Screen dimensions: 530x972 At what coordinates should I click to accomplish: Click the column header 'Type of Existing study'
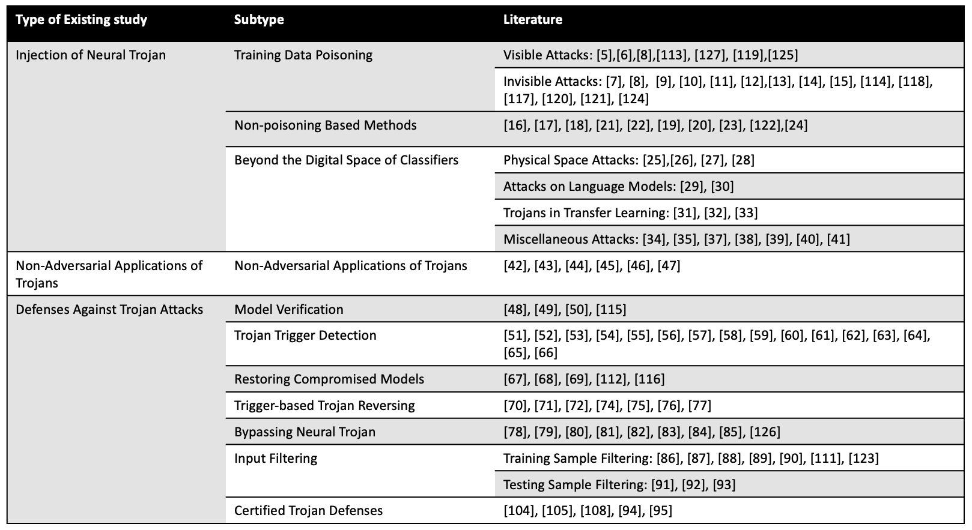click(x=81, y=20)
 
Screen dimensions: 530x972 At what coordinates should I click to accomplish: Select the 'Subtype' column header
click(x=259, y=20)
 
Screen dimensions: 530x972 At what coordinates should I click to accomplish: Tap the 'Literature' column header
click(x=532, y=20)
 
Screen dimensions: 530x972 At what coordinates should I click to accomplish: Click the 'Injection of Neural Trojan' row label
click(x=91, y=55)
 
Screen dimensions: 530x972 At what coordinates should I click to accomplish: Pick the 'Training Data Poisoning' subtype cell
click(x=303, y=55)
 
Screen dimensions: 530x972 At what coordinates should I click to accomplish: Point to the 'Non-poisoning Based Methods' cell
click(x=325, y=125)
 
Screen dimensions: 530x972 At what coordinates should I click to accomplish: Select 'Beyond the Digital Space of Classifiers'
click(x=346, y=160)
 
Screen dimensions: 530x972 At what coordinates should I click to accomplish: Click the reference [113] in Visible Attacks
click(x=672, y=55)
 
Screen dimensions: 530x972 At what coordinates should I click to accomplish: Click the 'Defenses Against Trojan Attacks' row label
click(x=109, y=310)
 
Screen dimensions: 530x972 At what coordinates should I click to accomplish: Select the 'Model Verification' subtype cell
click(x=289, y=310)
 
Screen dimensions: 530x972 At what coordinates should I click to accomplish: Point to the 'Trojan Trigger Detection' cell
click(x=305, y=336)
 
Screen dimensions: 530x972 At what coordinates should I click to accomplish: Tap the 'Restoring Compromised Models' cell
click(x=329, y=379)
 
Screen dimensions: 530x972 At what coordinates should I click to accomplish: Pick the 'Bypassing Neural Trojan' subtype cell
click(x=305, y=432)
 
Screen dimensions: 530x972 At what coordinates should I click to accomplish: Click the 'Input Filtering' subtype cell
click(x=276, y=459)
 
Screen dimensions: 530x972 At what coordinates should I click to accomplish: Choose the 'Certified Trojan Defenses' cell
click(x=308, y=511)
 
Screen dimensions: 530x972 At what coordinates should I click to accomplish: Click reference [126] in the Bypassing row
click(x=764, y=432)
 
